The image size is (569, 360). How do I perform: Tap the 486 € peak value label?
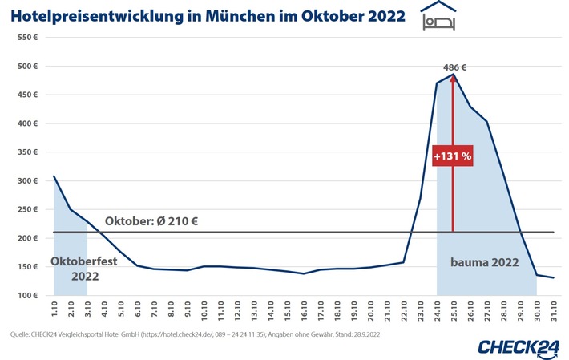pos(453,67)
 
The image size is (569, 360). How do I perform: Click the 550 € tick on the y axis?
pos(28,38)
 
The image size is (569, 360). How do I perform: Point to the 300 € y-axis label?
pos(28,181)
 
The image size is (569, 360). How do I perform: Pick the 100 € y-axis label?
pos(28,296)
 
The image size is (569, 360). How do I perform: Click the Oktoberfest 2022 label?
pos(79,269)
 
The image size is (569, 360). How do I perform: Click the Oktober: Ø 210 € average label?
pos(151,221)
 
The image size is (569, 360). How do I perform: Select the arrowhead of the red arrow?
pos(453,79)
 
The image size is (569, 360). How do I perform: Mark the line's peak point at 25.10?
pos(453,75)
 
